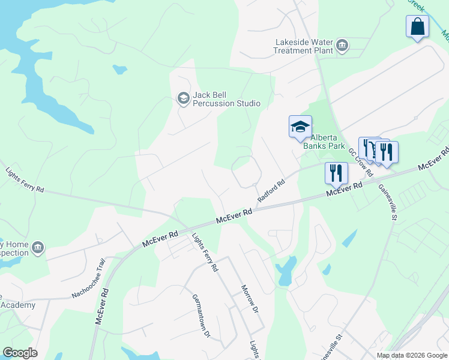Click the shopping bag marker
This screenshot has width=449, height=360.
pos(417,27)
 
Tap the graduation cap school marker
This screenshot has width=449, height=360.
pos(300,127)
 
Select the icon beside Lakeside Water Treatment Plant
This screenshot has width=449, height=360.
pos(342,46)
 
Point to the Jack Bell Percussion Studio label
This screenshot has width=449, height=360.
pos(226,100)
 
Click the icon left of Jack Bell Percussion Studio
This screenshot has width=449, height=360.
pos(183,98)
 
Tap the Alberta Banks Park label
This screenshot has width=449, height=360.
pos(324,141)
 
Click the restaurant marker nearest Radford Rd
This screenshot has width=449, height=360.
pos(336,173)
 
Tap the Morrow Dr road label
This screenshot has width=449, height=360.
pos(249,299)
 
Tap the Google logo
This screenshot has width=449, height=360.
pos(20,353)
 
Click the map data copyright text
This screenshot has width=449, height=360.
pos(412,355)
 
